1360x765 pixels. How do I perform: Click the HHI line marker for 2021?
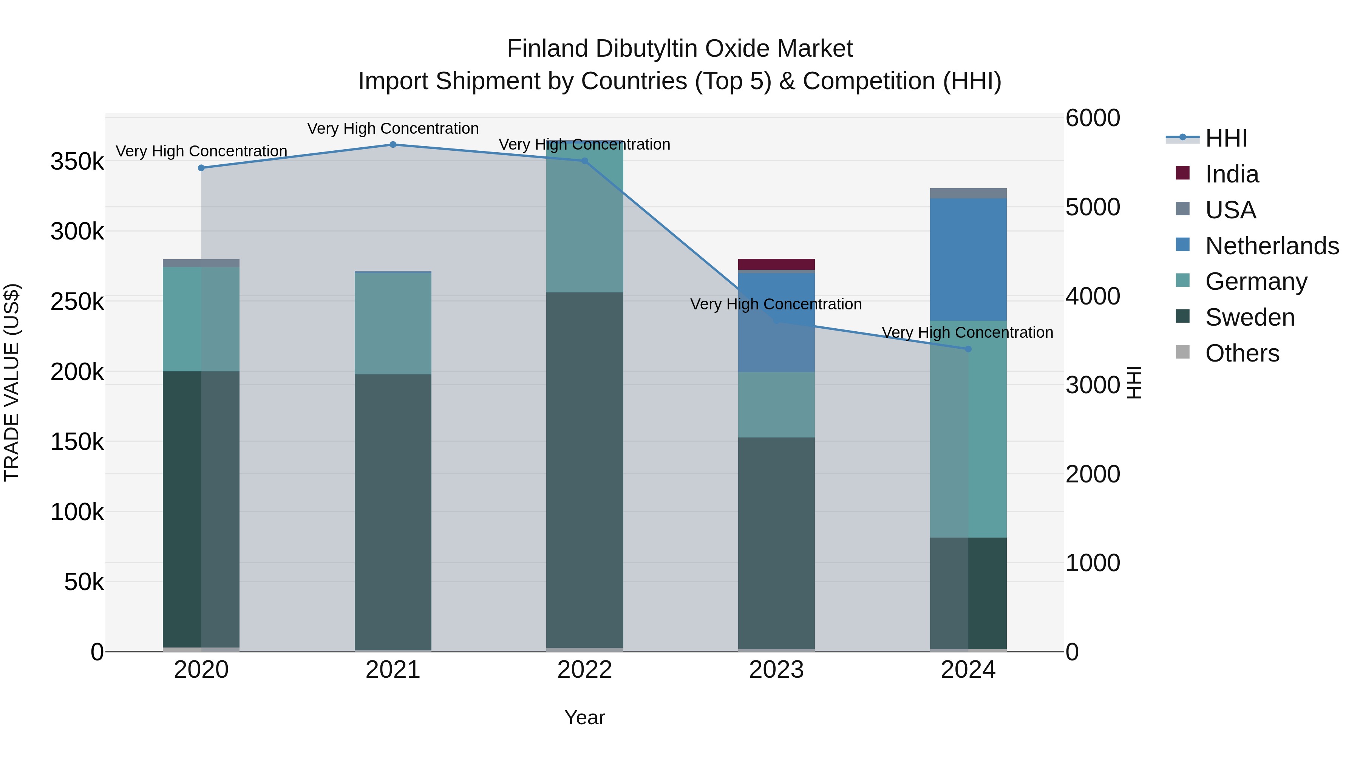[393, 145]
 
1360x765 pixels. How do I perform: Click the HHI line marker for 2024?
[968, 349]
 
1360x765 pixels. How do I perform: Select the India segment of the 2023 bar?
[776, 264]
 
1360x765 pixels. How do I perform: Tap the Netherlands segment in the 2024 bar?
[968, 259]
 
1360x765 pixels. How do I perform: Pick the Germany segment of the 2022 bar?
[584, 216]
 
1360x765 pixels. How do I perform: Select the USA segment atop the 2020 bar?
[201, 263]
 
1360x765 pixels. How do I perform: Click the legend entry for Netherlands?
[1271, 246]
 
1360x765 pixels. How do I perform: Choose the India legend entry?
[1231, 174]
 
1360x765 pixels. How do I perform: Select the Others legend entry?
[1242, 353]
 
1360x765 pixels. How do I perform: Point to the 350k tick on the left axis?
[77, 162]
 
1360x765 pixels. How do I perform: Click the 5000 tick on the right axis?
[1092, 207]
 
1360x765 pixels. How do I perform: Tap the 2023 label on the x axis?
[776, 670]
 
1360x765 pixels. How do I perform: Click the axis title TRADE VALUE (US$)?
[12, 382]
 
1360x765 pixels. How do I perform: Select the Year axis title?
[584, 717]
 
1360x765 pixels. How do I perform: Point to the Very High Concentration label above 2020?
[201, 151]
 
